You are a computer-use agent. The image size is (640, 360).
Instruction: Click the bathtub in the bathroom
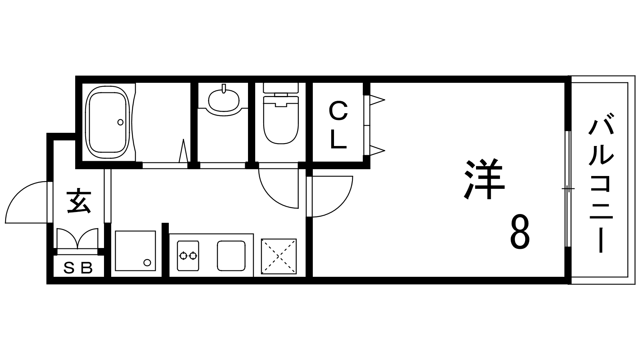[108, 122]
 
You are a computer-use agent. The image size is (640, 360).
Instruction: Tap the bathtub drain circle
[120, 122]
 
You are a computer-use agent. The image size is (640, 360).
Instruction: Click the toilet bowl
[281, 120]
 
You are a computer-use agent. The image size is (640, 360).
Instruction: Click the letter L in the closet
[338, 140]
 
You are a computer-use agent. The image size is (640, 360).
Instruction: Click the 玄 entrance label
[79, 202]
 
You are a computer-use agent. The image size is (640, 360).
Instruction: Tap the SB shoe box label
[78, 268]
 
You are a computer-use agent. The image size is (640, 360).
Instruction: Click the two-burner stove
[188, 256]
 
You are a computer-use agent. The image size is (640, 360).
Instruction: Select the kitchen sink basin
[231, 256]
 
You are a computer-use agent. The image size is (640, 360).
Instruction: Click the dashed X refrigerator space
[279, 256]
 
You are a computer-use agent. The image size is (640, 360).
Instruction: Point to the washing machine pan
[136, 251]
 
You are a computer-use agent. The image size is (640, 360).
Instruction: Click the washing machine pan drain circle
[147, 262]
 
